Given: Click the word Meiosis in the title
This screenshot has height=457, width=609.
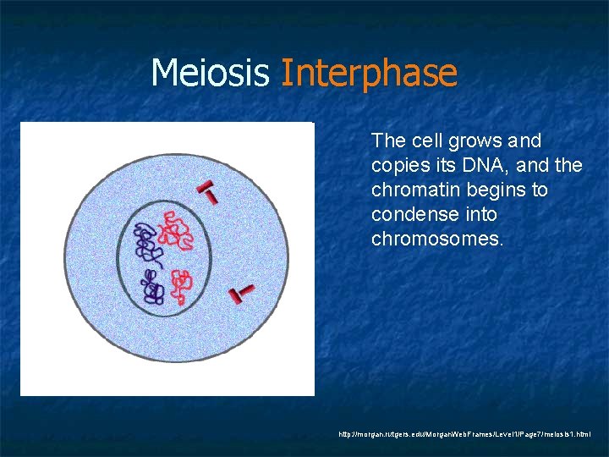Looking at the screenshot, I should pos(211,74).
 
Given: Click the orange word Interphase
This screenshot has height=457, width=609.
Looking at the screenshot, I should pos(368,74).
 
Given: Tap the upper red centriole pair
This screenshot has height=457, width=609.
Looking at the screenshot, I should pos(206,192).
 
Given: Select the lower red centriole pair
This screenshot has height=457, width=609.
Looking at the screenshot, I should pos(242,293).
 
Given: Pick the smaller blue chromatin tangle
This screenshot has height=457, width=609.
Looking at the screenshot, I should pos(153,288).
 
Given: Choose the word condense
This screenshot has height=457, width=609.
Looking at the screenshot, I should pos(409,215).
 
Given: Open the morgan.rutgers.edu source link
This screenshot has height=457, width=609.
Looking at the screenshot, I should pos(470,434).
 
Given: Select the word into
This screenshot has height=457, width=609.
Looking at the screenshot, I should pos(479,215).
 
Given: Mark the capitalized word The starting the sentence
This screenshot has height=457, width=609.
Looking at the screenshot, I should pos(389,140).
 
